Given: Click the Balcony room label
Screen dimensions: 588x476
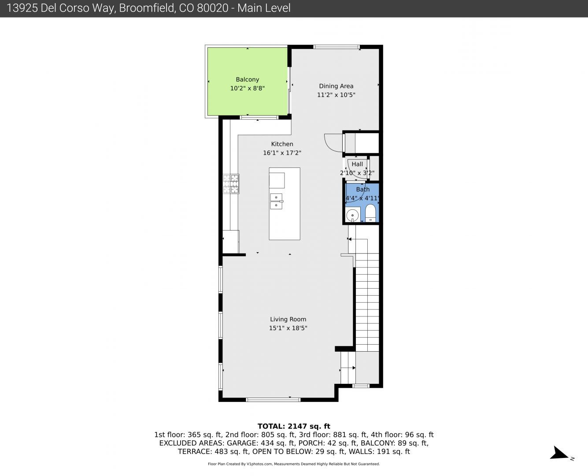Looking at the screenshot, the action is [x=248, y=80].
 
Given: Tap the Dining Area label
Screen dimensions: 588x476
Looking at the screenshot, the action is [x=336, y=86].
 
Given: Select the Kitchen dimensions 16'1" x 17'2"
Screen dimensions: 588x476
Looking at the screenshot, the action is [x=282, y=153].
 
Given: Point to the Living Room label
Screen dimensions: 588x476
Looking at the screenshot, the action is [x=288, y=320].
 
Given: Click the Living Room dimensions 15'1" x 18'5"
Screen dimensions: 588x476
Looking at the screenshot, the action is [x=288, y=328].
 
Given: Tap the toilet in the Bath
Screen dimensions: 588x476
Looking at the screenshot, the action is [x=370, y=213].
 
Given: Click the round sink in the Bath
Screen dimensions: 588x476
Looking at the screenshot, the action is [x=352, y=215].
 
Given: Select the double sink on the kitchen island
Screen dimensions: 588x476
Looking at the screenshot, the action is [x=276, y=201].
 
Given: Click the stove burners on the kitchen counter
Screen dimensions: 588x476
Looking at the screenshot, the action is [x=231, y=183].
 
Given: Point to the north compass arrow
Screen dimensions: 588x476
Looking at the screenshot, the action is [x=558, y=453].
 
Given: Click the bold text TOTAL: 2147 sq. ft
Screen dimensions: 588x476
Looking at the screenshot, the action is [x=294, y=426].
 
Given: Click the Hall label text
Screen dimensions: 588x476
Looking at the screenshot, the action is [x=357, y=164].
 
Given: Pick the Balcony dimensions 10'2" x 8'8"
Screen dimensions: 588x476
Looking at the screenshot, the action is [x=248, y=89].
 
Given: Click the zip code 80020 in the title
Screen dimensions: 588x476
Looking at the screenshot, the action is [x=213, y=8].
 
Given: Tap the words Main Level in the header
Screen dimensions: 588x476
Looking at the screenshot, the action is [x=264, y=8].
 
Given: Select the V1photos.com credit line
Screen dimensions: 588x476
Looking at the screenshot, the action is [x=294, y=464].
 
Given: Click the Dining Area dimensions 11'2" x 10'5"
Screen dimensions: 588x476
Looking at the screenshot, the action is [x=336, y=95].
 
